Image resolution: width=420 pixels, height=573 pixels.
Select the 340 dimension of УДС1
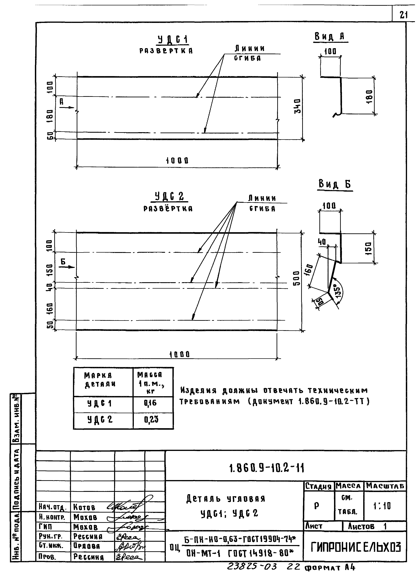pos(297,106)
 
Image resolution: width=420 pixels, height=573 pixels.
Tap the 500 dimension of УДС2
pos(296,278)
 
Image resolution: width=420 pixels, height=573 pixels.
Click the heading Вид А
pos(330,37)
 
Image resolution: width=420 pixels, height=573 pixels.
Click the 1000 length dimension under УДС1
pos(177,160)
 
